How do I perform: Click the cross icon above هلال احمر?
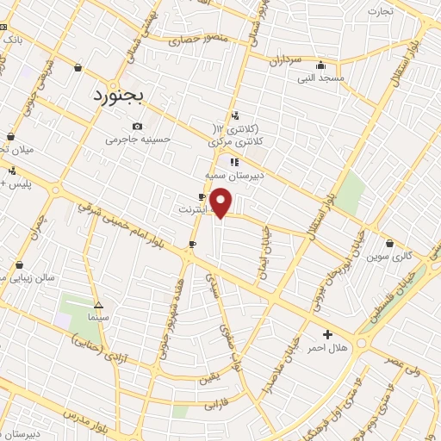(x=326, y=334)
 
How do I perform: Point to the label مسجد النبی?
(x=320, y=78)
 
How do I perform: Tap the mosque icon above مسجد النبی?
(x=320, y=65)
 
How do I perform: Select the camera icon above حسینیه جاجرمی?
(x=138, y=127)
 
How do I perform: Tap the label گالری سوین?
(x=390, y=256)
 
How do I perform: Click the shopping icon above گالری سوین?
(x=390, y=243)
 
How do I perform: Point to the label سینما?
(x=98, y=318)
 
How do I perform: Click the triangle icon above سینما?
(x=98, y=306)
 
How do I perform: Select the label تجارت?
(x=381, y=11)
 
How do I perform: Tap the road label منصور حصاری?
(x=196, y=39)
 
